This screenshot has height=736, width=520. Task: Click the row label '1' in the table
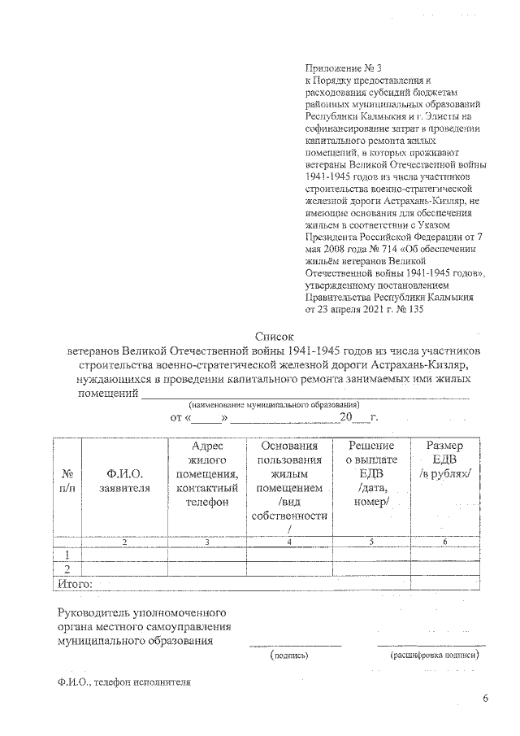click(67, 555)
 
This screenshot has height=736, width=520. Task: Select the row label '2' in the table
click(67, 568)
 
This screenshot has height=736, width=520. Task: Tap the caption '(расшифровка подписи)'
click(431, 654)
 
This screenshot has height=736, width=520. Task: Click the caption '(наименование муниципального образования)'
click(274, 404)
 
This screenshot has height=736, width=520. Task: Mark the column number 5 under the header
click(371, 542)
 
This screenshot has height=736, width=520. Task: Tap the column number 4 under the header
click(289, 542)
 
